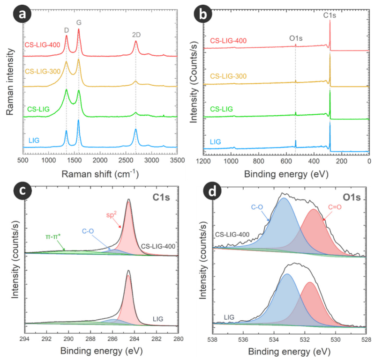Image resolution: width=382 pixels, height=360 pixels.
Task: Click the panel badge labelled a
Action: (22, 16)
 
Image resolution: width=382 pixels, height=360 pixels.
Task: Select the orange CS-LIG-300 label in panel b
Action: (229, 76)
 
